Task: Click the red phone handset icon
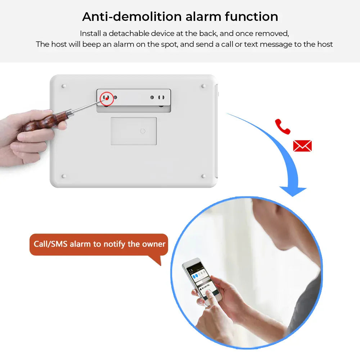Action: pyautogui.click(x=283, y=126)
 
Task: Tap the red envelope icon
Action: pyautogui.click(x=302, y=146)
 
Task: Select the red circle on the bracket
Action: pyautogui.click(x=107, y=98)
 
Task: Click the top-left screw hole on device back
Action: pyautogui.click(x=64, y=86)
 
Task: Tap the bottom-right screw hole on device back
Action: pyautogui.click(x=203, y=176)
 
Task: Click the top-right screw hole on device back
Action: pyautogui.click(x=203, y=86)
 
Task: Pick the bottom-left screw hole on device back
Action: pyautogui.click(x=64, y=176)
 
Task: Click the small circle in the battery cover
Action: pyautogui.click(x=143, y=131)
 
